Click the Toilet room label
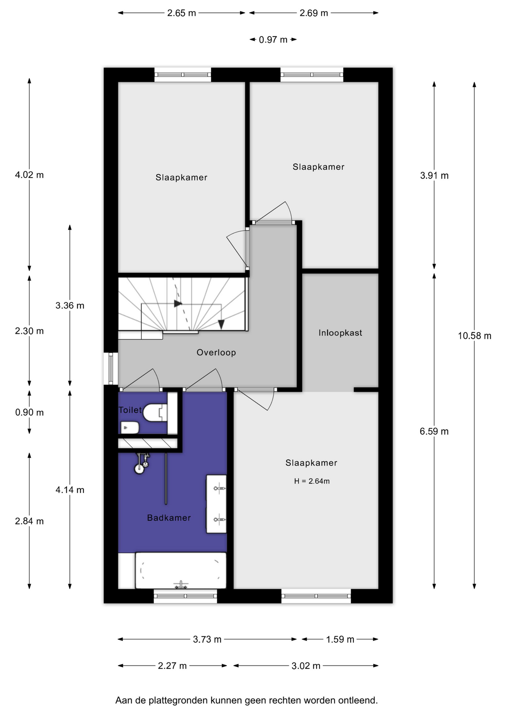130,410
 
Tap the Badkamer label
169,518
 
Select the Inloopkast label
340,333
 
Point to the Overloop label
216,353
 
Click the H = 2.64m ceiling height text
312,481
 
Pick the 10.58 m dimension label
474,336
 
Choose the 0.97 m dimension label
273,39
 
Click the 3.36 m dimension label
70,306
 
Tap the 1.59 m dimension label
340,639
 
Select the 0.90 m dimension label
29,413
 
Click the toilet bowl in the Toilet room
155,412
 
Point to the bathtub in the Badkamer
181,571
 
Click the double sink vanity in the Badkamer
216,504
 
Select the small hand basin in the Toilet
130,428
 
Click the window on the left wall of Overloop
111,368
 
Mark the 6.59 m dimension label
434,432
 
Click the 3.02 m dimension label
306,666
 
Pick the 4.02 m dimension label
29,175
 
